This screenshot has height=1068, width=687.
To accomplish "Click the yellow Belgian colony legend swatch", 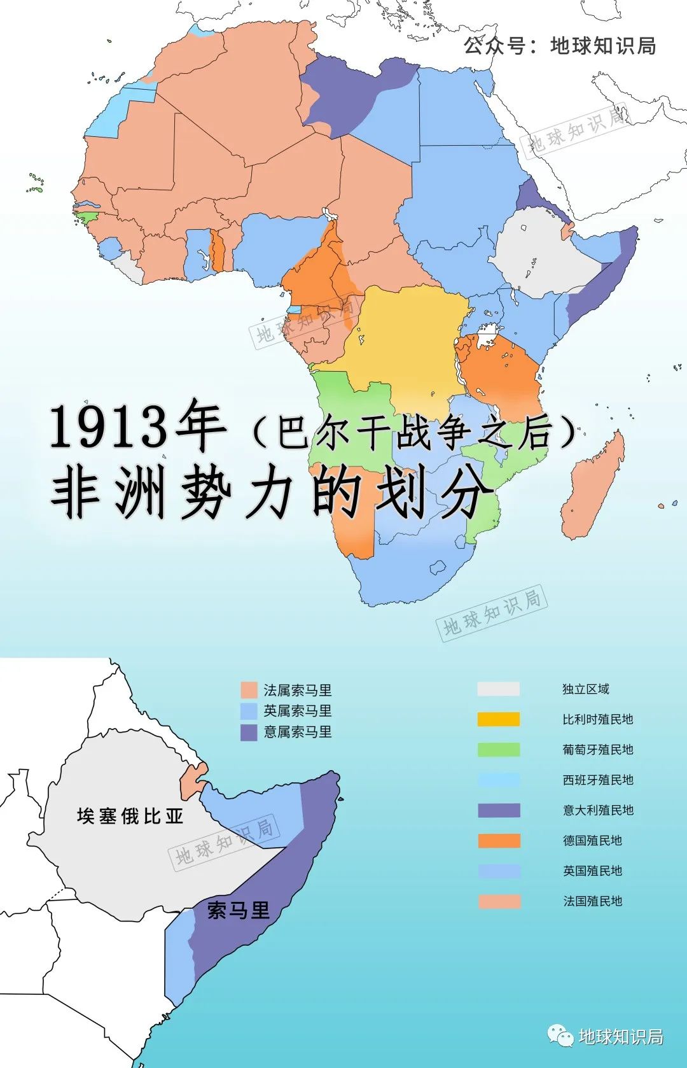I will click(498, 719).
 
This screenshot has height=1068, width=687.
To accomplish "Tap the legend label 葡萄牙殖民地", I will click(597, 750).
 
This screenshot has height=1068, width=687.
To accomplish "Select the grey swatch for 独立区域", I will click(498, 689).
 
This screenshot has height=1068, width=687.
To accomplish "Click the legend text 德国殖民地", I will click(592, 841).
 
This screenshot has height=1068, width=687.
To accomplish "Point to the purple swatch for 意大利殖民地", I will click(498, 810).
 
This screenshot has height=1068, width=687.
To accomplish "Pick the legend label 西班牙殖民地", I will click(597, 780).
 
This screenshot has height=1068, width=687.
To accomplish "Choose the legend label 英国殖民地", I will click(592, 871).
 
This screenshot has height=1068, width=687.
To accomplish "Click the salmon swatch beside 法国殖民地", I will click(498, 901).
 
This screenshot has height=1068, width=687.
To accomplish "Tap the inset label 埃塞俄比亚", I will click(130, 816).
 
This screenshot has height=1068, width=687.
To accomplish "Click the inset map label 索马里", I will click(239, 911).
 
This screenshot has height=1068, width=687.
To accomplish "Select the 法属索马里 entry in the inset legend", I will click(297, 691).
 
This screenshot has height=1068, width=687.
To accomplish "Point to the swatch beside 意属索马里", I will click(249, 732).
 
